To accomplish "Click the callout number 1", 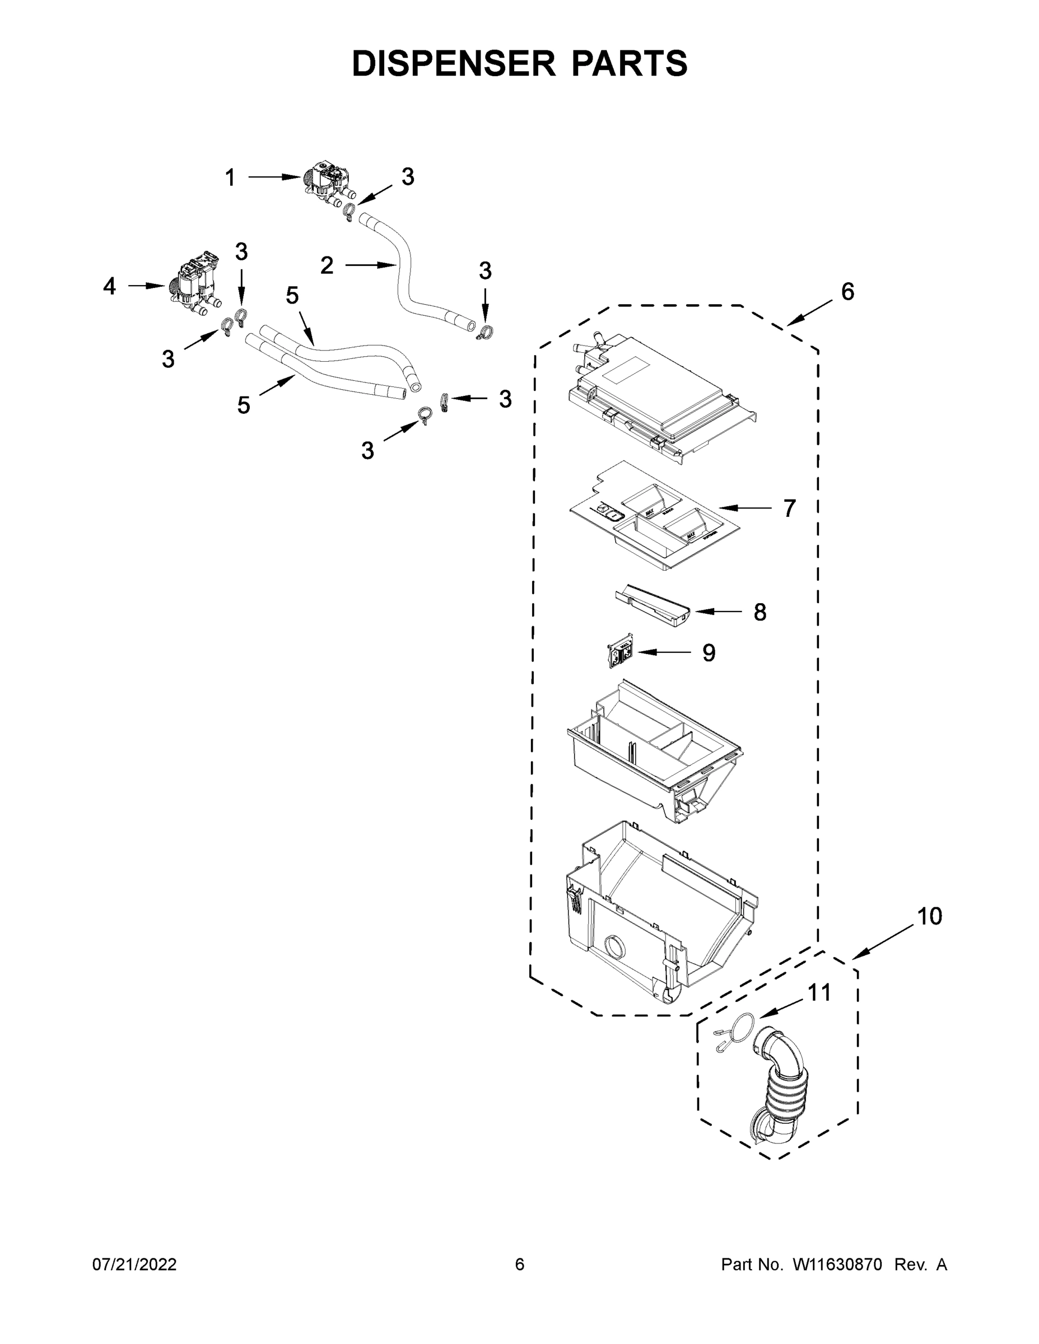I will point(230,178).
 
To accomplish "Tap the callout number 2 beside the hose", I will point(327,265).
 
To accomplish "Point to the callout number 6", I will point(847,292).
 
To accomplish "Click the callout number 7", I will point(789,508).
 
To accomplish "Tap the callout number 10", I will point(929,916).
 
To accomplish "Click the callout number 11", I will point(819,993).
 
